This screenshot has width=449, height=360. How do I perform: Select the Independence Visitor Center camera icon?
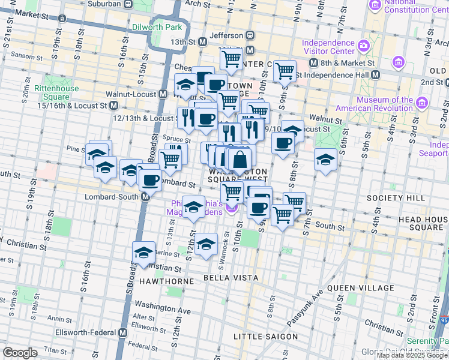click(x=363, y=46)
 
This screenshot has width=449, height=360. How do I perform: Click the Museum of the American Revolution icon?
click(x=423, y=104)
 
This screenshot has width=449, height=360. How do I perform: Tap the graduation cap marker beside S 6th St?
click(x=325, y=160)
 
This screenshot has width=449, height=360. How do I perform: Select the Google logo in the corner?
click(x=20, y=353)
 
